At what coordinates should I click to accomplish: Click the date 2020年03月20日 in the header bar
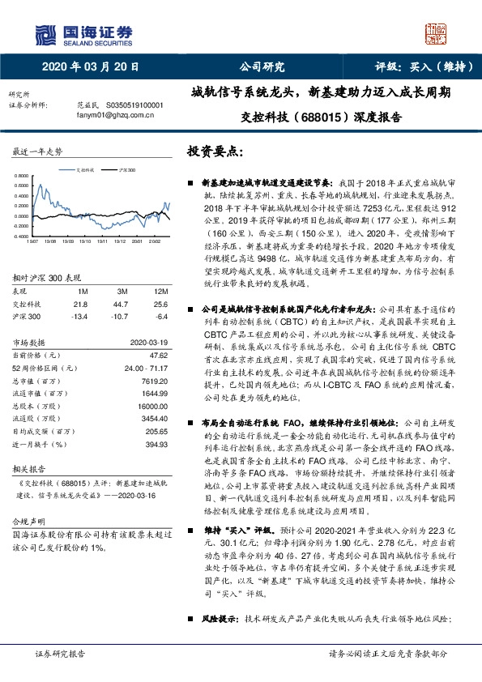click(88, 67)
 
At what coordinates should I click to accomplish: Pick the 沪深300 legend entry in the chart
click(124, 171)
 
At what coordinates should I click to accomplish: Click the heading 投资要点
click(215, 151)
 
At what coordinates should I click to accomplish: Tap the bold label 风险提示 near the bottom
click(216, 618)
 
